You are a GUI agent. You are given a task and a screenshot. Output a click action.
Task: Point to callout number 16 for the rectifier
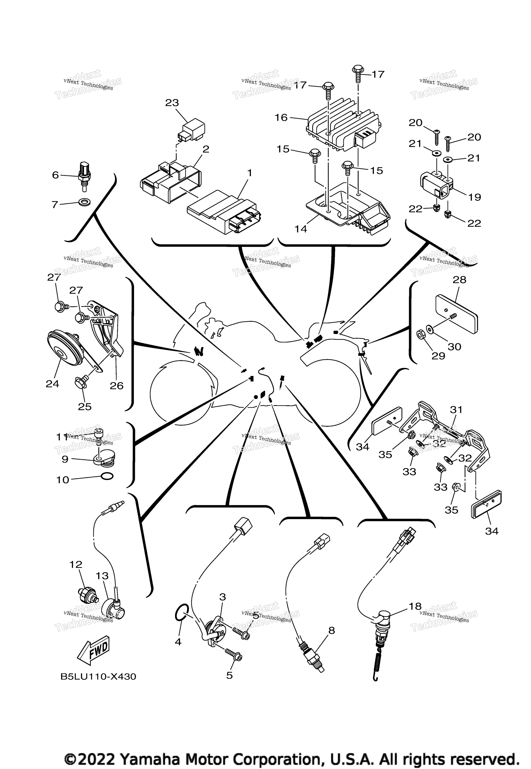point(281,118)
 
